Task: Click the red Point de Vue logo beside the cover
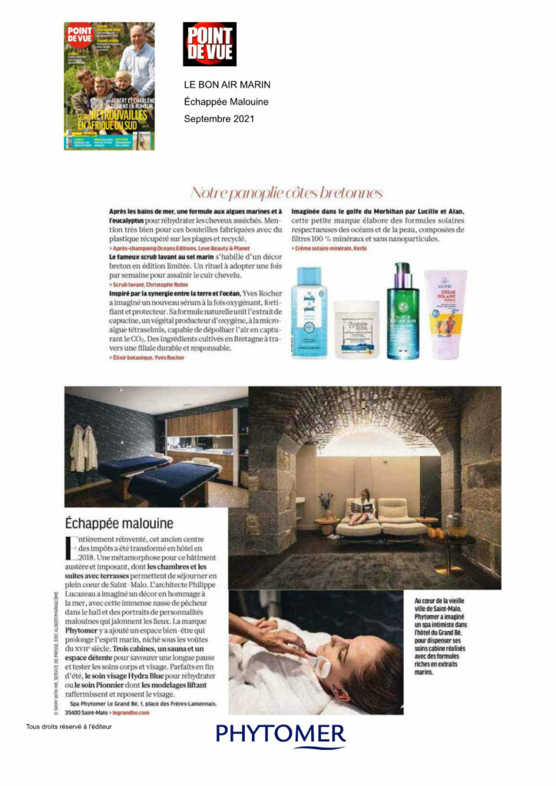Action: tap(209, 44)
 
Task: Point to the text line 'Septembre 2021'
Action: tap(219, 119)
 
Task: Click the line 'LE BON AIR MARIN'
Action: tap(227, 84)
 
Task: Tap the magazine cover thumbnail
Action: tap(109, 85)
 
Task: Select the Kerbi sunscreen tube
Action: tap(446, 315)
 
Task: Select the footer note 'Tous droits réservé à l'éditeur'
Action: tap(68, 726)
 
